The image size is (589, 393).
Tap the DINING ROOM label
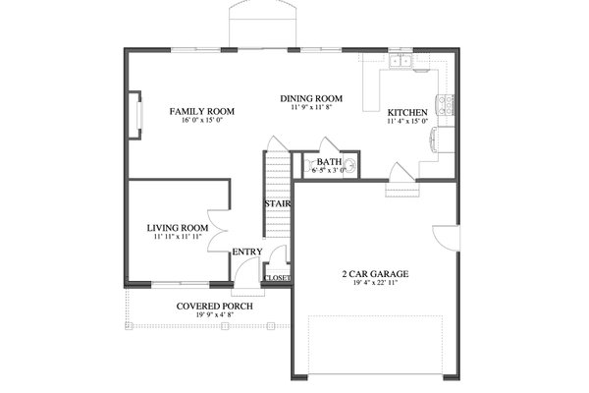pyautogui.click(x=310, y=98)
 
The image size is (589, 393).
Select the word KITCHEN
pyautogui.click(x=405, y=112)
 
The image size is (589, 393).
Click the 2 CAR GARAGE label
pyautogui.click(x=375, y=274)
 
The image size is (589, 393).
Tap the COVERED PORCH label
pyautogui.click(x=214, y=307)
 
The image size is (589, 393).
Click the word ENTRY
pyautogui.click(x=246, y=253)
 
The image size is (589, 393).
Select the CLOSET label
pyautogui.click(x=277, y=278)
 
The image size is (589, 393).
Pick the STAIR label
pyautogui.click(x=274, y=203)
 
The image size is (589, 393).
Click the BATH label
pyautogui.click(x=328, y=161)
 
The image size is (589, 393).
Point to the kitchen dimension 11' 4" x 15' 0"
pyautogui.click(x=405, y=123)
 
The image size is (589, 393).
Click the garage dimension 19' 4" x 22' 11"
pyautogui.click(x=375, y=285)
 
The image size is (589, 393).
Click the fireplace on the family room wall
pyautogui.click(x=134, y=114)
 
